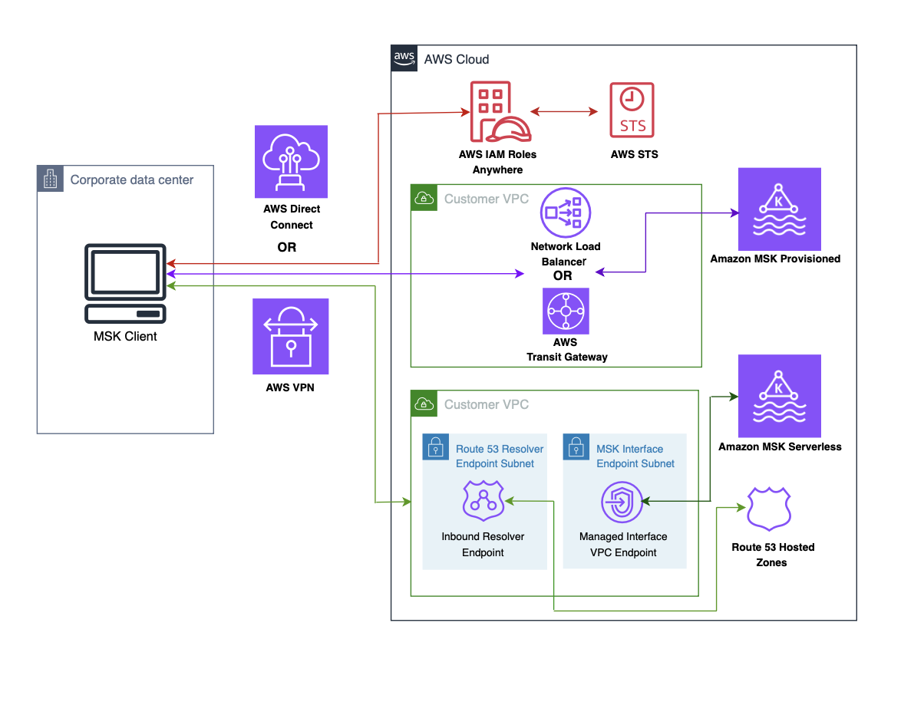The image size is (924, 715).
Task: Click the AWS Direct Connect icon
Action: [x=291, y=161]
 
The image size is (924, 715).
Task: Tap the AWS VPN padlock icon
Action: [x=291, y=336]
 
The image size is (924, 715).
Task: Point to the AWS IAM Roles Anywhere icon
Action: [x=500, y=113]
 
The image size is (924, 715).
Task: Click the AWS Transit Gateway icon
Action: [x=566, y=311]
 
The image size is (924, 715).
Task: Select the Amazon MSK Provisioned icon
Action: [x=779, y=209]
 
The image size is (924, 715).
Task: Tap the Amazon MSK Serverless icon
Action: [x=779, y=396]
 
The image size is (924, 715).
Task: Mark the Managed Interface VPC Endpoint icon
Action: [x=622, y=502]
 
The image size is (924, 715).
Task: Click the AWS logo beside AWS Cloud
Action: [x=404, y=58]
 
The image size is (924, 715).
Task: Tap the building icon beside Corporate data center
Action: [x=51, y=180]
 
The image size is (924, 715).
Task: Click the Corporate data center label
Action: [x=132, y=180]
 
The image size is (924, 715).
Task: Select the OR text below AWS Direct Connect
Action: [x=286, y=248]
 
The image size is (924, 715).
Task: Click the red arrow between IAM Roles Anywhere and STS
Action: [x=564, y=112]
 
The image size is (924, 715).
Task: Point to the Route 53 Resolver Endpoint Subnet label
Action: [x=500, y=456]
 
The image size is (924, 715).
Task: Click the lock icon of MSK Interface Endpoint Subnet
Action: [x=576, y=447]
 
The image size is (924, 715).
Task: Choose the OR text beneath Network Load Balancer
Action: [x=563, y=276]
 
